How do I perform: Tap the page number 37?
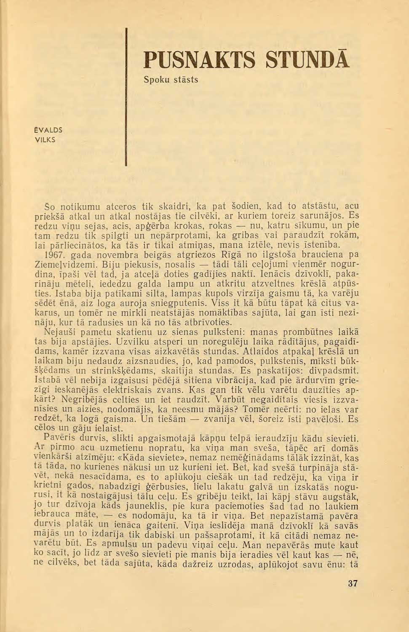pos(353,584)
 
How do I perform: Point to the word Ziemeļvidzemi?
pos(66,265)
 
